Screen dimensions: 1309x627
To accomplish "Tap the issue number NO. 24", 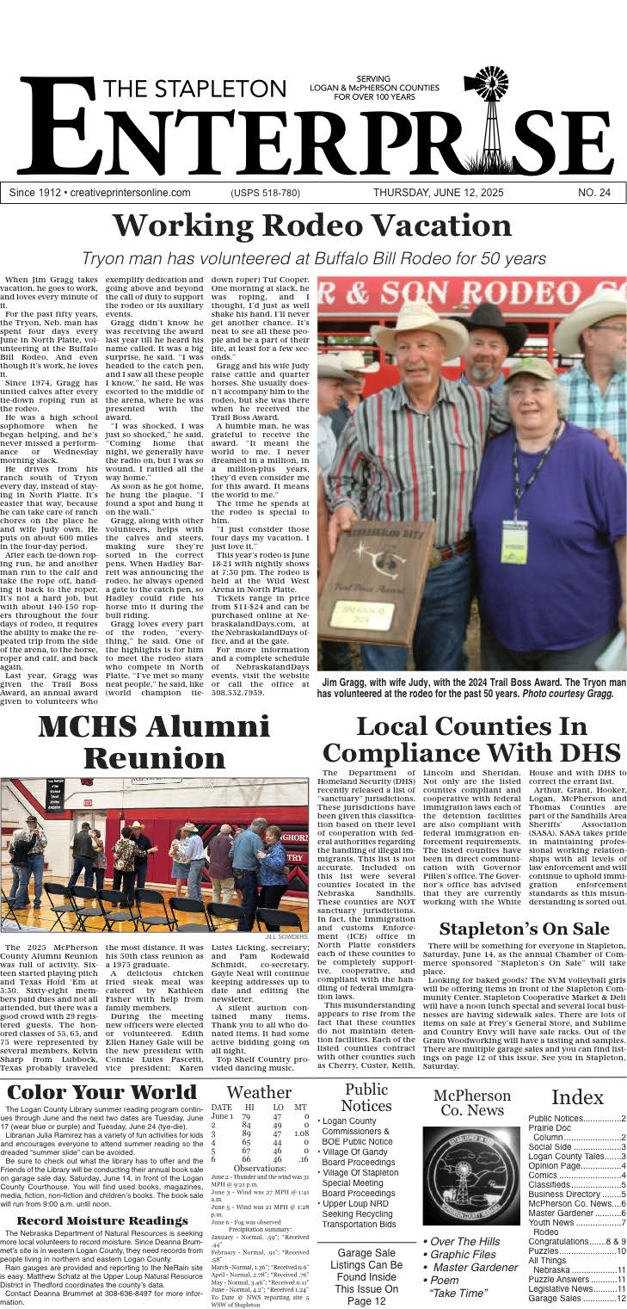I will [x=594, y=193].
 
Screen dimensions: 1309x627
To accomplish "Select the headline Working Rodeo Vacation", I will [x=313, y=225].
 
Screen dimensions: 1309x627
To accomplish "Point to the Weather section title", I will [x=259, y=1092].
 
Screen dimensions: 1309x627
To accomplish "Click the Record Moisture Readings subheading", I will [x=102, y=1220].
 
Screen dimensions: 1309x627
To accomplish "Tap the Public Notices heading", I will [x=366, y=1097].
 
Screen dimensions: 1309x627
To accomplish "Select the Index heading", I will [x=577, y=1096].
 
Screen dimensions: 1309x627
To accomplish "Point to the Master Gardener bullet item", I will [x=471, y=1268].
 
